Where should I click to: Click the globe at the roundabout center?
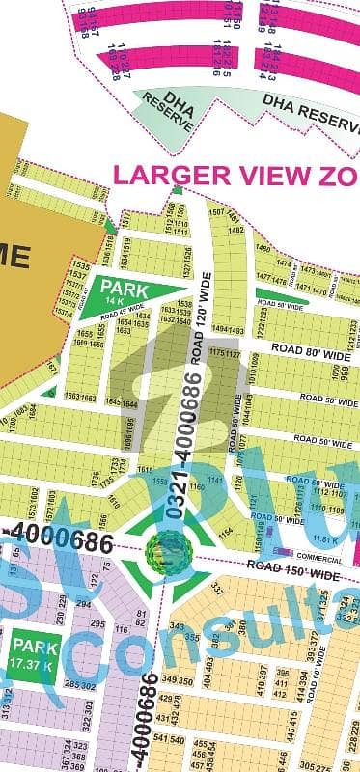point(161,550)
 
